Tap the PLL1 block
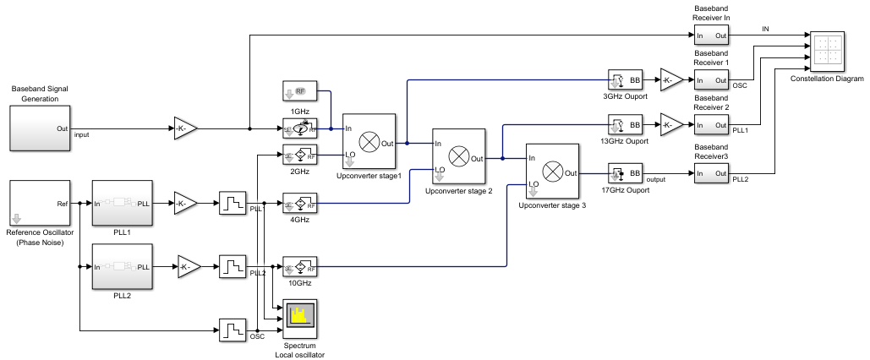[x=122, y=203]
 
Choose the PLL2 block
[x=122, y=267]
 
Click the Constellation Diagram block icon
[x=828, y=52]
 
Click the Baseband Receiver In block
[x=711, y=35]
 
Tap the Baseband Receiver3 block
[x=711, y=174]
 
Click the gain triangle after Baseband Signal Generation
[x=185, y=128]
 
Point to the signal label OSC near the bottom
[x=257, y=336]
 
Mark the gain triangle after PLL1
[x=185, y=203]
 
